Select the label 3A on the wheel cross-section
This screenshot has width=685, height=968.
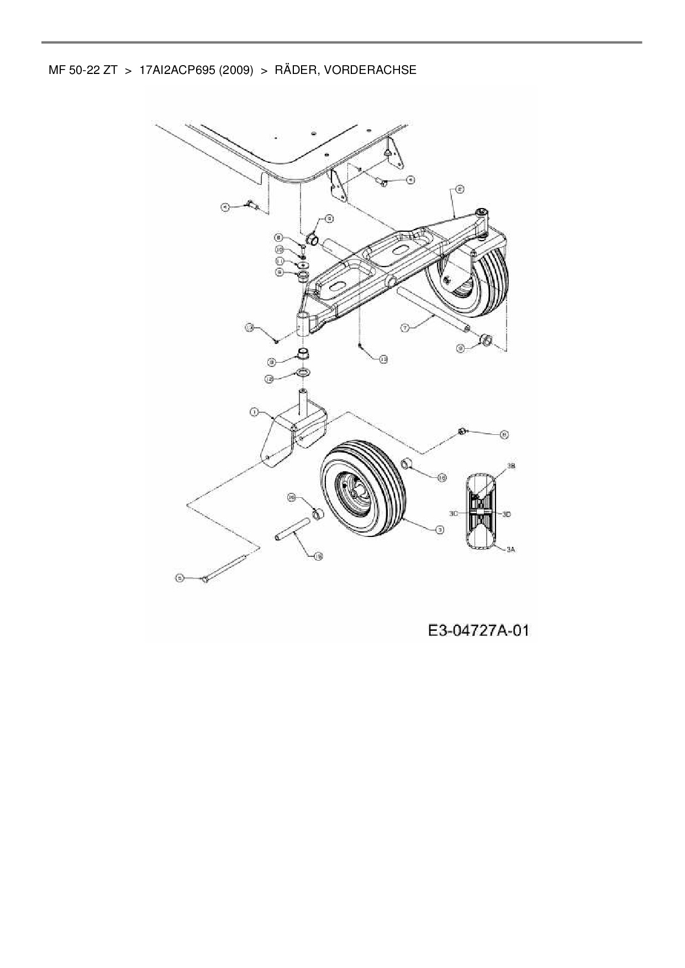(x=511, y=549)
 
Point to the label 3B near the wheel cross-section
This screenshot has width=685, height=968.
(x=511, y=466)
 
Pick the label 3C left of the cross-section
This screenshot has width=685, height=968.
(x=453, y=513)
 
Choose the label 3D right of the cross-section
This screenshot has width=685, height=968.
(x=507, y=514)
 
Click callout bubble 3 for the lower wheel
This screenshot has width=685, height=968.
(x=440, y=530)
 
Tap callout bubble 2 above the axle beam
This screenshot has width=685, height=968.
(x=459, y=189)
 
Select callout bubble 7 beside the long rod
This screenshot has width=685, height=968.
(x=404, y=328)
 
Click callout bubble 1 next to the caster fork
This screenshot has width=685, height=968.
(x=254, y=412)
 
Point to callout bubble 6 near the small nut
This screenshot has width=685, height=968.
(x=504, y=434)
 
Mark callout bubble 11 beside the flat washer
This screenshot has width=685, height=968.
(x=280, y=261)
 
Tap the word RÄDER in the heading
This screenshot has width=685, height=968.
(x=295, y=70)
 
